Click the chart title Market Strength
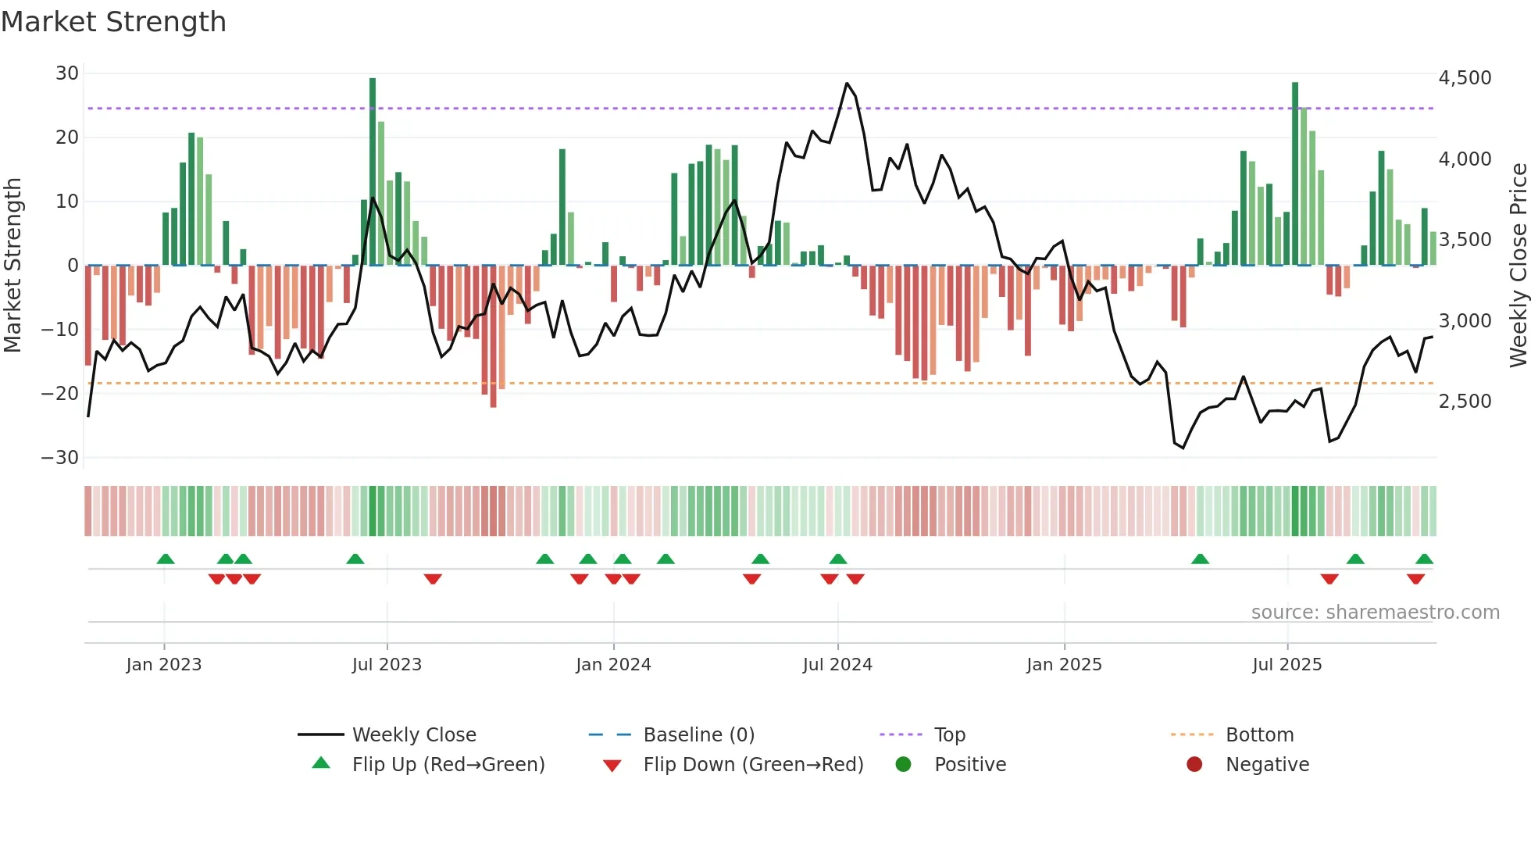pos(113,22)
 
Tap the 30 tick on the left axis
pos(67,73)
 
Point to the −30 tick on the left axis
pos(60,458)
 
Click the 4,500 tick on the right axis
pos(1465,78)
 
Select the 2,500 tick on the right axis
pos(1465,402)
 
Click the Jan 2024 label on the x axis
pos(613,665)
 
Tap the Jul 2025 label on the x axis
pos(1287,665)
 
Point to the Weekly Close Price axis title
pos(1518,266)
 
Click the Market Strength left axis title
pos(12,266)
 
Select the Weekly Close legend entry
pos(413,735)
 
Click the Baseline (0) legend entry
pos(698,735)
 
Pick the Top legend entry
pos(949,735)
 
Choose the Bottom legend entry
pos(1259,735)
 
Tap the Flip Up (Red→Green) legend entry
pos(448,765)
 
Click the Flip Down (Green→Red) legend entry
pos(753,765)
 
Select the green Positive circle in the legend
pos(904,764)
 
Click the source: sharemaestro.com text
pos(1375,613)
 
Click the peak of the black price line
pos(847,83)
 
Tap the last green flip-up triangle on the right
pos(1424,559)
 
